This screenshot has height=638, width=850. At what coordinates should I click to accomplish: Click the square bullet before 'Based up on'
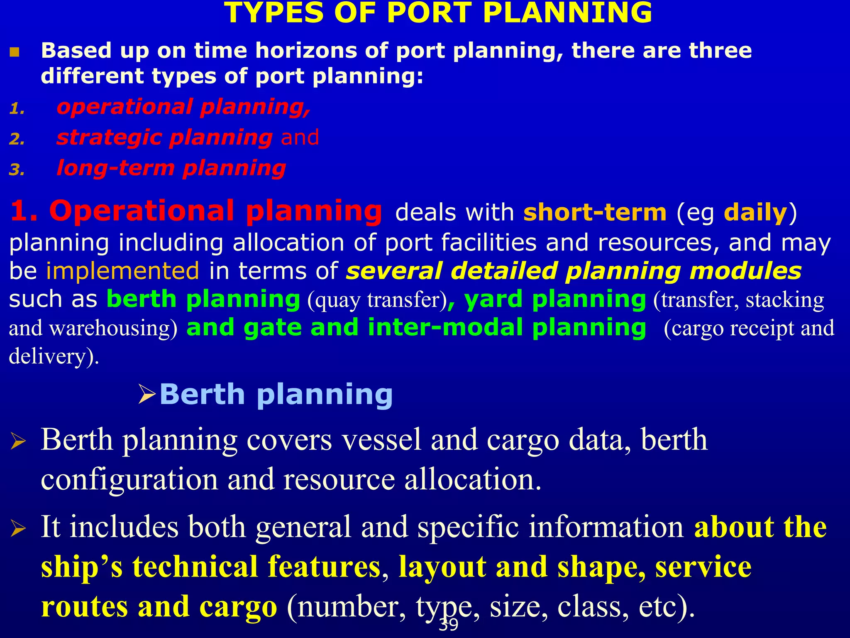click(15, 52)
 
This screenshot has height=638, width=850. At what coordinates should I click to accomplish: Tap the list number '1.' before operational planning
click(17, 109)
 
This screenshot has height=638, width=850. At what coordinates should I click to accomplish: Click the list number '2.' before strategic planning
click(17, 139)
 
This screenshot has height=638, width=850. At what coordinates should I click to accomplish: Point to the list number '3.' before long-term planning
click(17, 170)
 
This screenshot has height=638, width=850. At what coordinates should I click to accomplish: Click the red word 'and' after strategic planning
click(300, 137)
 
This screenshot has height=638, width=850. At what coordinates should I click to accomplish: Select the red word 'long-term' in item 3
click(115, 168)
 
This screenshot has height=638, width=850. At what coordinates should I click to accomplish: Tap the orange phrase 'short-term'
click(595, 212)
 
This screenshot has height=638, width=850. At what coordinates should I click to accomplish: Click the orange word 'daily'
click(755, 212)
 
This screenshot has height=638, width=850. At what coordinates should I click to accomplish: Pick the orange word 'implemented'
click(122, 271)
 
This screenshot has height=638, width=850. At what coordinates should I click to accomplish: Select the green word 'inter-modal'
click(445, 327)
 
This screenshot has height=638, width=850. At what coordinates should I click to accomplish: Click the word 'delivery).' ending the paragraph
click(54, 356)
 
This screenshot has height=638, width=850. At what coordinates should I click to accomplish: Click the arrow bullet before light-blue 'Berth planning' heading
click(147, 394)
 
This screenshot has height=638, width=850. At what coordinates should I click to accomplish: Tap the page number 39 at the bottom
click(448, 625)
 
